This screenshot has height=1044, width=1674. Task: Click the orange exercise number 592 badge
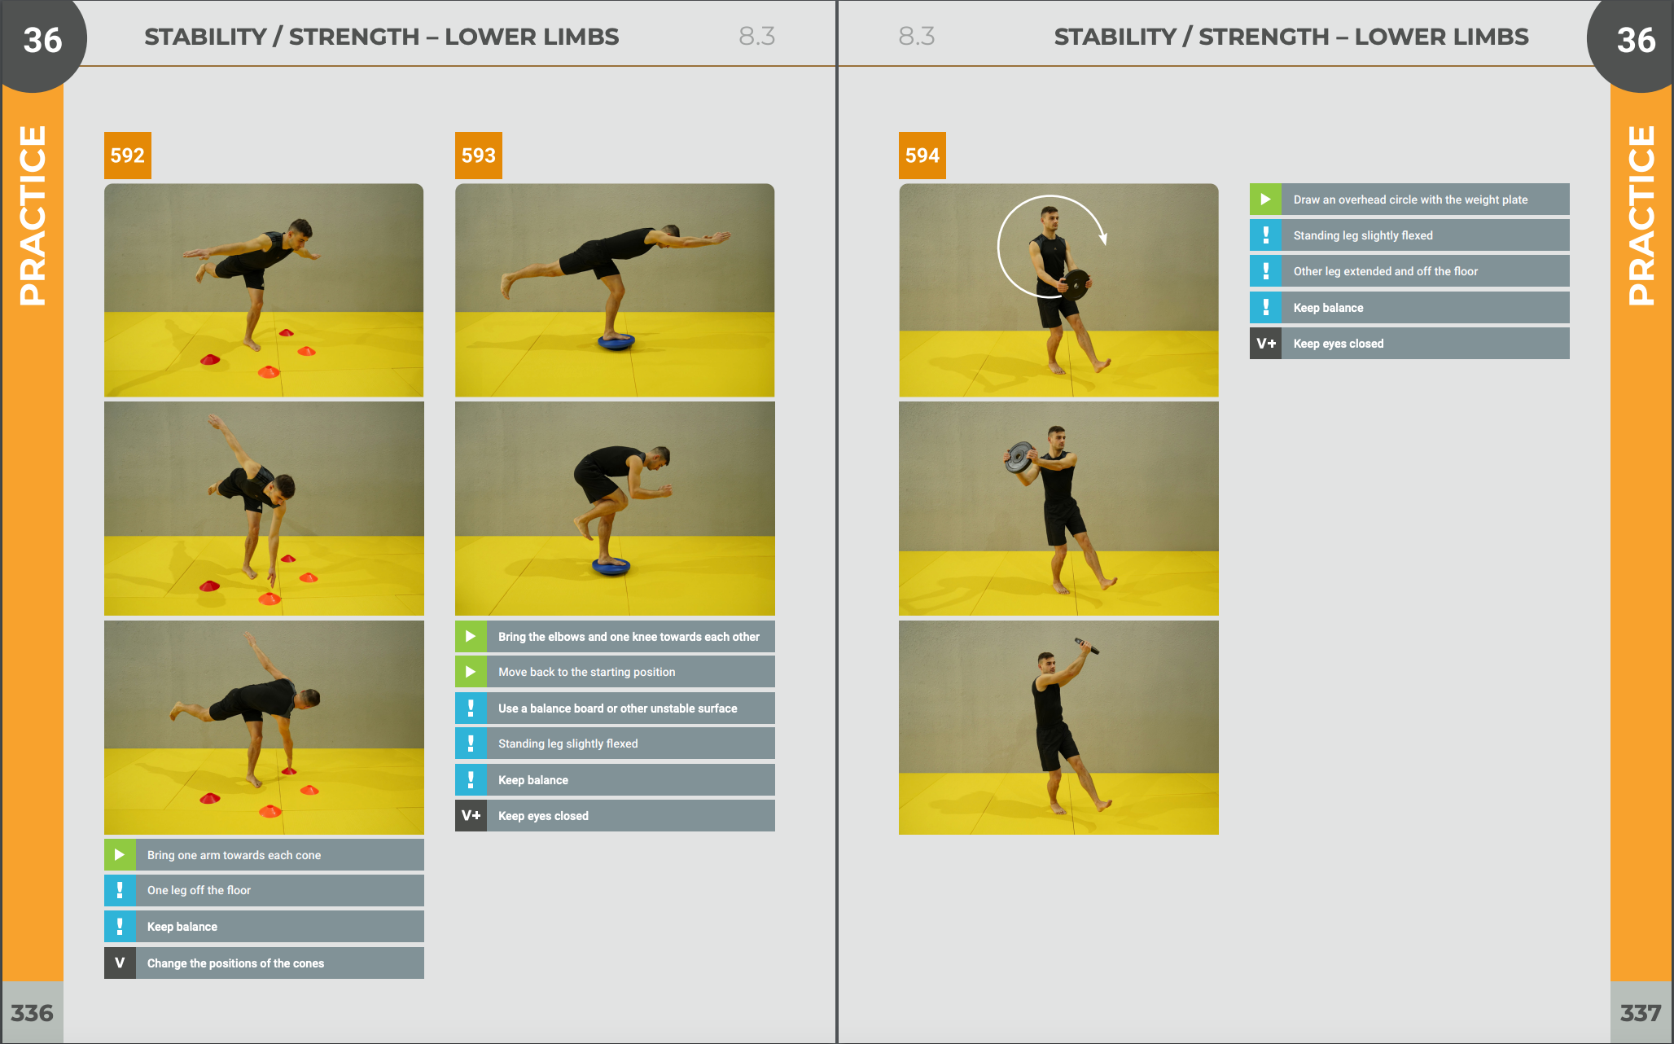[127, 156]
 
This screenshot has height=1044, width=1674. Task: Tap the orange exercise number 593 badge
[479, 156]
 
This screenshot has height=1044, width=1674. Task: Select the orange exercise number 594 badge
[922, 156]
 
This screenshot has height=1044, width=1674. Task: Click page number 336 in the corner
[32, 1013]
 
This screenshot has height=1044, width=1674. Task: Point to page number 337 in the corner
[1641, 1013]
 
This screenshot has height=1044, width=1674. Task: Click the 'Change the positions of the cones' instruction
[235, 963]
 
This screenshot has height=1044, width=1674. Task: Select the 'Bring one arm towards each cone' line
[234, 855]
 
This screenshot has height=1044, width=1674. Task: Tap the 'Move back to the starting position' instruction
[586, 672]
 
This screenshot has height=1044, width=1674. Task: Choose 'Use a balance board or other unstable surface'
[617, 708]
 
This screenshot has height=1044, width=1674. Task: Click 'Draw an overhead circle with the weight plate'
[1410, 200]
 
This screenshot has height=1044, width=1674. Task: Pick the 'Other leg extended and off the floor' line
[1385, 271]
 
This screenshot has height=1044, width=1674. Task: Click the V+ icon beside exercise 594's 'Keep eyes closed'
[1266, 344]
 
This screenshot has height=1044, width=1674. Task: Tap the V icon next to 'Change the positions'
[120, 963]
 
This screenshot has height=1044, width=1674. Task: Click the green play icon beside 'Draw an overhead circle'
[1266, 200]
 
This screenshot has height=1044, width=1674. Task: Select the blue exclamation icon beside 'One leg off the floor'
[120, 890]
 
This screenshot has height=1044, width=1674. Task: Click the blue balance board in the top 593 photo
[616, 341]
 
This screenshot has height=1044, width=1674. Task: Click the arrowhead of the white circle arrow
[1103, 239]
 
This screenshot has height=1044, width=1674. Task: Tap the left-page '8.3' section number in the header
[756, 36]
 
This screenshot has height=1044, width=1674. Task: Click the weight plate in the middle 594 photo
[1019, 457]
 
